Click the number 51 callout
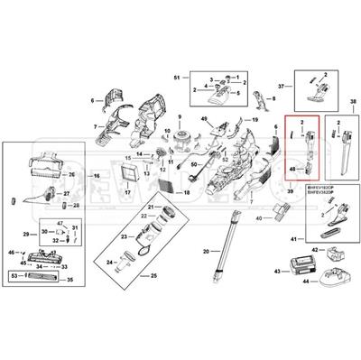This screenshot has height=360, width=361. (178, 80)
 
